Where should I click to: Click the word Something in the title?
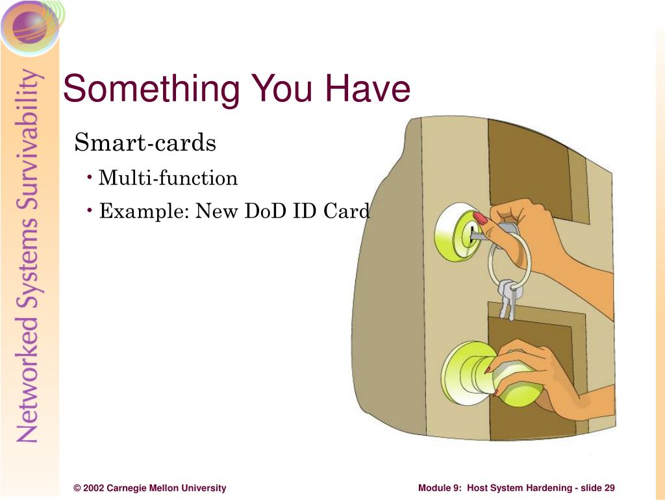[151, 90]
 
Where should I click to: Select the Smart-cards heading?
[145, 142]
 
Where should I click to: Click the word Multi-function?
[168, 178]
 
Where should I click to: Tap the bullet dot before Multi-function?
[90, 177]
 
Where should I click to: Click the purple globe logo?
[30, 27]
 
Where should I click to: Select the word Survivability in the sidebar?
[29, 140]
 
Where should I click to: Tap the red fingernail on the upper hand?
[481, 218]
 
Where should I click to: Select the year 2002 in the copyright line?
[94, 488]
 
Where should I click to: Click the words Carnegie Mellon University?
[166, 488]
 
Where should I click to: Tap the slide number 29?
[609, 488]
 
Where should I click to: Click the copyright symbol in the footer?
[77, 488]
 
